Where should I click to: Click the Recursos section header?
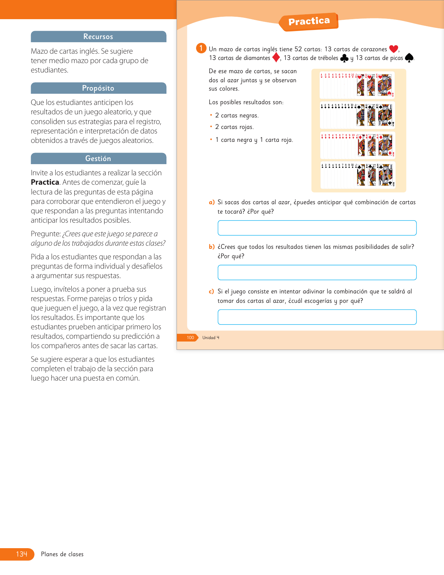pyautogui.click(x=98, y=37)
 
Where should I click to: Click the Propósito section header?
pyautogui.click(x=98, y=88)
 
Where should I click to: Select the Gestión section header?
pyautogui.click(x=98, y=159)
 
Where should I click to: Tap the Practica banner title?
pyautogui.click(x=309, y=22)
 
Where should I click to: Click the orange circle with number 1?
pyautogui.click(x=201, y=48)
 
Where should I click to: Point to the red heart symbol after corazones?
pyautogui.click(x=394, y=49)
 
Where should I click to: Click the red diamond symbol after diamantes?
pyautogui.click(x=276, y=58)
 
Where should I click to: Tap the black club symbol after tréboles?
pyautogui.click(x=344, y=58)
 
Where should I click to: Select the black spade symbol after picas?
pyautogui.click(x=409, y=58)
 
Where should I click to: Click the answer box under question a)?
pyautogui.click(x=317, y=228)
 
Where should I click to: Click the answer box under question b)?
pyautogui.click(x=317, y=273)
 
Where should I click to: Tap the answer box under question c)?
pyautogui.click(x=317, y=317)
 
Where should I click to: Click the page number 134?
pyautogui.click(x=22, y=554)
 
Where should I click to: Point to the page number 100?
pyautogui.click(x=190, y=338)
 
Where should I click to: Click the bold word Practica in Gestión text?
pyautogui.click(x=45, y=182)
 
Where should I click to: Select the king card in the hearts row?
pyautogui.click(x=385, y=85)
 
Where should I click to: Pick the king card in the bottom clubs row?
pyautogui.click(x=386, y=175)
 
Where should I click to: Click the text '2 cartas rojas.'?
pyautogui.click(x=234, y=127)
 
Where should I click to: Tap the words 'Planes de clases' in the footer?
pyautogui.click(x=62, y=554)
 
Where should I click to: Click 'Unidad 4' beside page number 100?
pyautogui.click(x=211, y=338)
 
